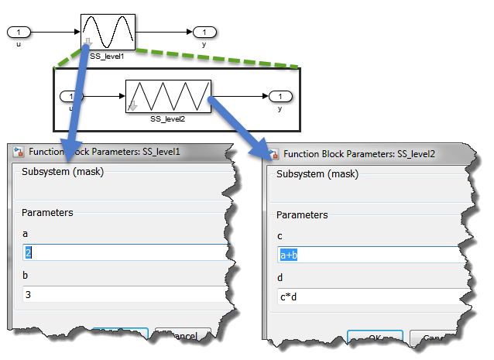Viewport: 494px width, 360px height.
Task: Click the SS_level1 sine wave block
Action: click(108, 31)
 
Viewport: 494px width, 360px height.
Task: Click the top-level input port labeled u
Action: click(19, 32)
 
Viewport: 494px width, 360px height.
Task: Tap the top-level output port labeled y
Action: click(204, 32)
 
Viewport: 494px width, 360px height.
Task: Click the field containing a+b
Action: click(364, 255)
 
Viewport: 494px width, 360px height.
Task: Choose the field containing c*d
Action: click(364, 297)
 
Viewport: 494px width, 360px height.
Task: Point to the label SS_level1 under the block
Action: click(108, 56)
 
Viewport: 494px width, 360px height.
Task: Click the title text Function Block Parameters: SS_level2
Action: click(359, 154)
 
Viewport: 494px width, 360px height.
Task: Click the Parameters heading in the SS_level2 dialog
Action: click(303, 215)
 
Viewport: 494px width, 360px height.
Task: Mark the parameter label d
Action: click(280, 277)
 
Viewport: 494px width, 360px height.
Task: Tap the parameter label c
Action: click(280, 235)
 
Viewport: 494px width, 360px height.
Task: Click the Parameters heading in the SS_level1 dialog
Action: click(48, 212)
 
